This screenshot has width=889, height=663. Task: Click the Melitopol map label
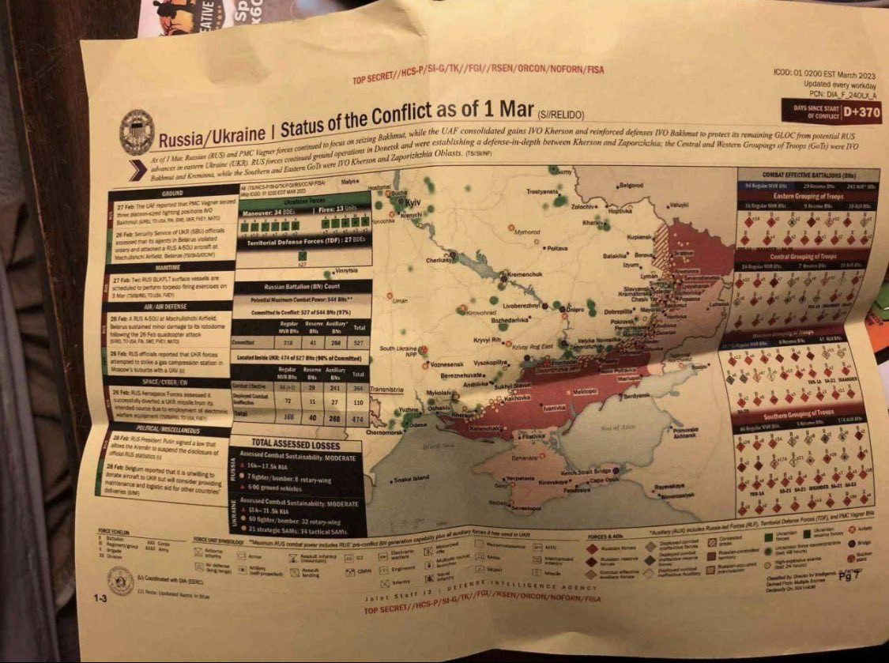click(x=584, y=390)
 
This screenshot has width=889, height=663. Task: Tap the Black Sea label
click(x=435, y=445)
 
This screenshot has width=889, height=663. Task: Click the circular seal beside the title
click(x=137, y=131)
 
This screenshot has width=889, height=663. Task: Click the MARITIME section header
click(x=168, y=267)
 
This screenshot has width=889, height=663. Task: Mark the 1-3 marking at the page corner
click(x=101, y=598)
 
